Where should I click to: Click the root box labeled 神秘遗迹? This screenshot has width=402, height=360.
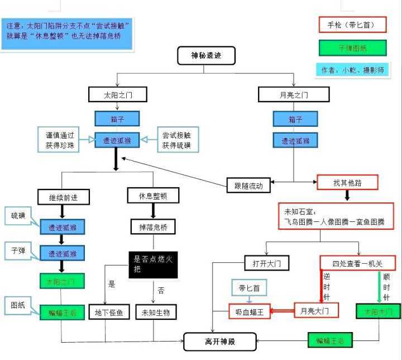[x=205, y=55]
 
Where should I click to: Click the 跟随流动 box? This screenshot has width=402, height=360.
[x=248, y=183]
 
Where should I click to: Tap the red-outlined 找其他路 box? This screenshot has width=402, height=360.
[x=347, y=182]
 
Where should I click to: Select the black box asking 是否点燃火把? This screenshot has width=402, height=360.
[x=153, y=264]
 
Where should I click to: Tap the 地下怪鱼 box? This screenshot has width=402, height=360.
[x=109, y=311]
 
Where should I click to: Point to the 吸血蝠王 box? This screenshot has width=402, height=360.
[x=250, y=311]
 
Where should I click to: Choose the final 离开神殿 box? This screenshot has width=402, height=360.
[x=220, y=340]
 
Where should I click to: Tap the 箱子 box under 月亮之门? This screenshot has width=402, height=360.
[x=295, y=119]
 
